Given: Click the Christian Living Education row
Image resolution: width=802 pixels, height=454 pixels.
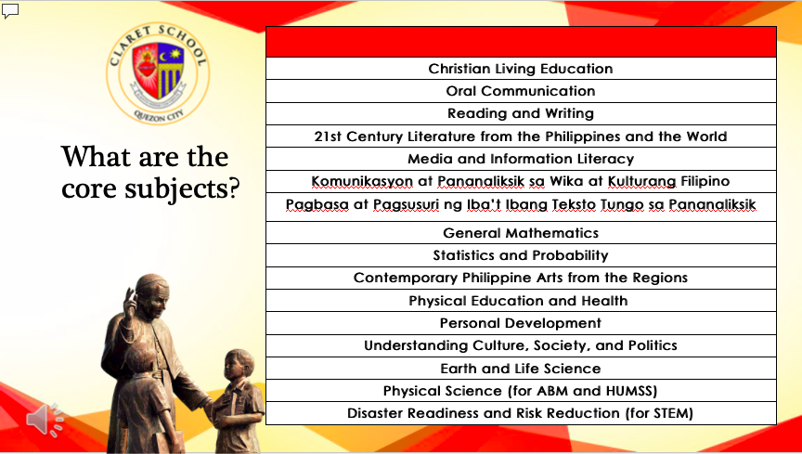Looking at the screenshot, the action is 521,69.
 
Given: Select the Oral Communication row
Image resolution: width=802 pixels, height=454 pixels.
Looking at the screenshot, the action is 521,91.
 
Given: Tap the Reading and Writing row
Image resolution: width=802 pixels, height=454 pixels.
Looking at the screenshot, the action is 521,113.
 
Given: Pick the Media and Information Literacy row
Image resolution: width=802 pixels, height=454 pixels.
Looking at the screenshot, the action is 521,159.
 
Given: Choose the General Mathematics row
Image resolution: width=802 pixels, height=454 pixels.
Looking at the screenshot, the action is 521,233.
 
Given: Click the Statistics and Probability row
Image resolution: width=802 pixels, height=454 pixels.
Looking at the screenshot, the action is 521,255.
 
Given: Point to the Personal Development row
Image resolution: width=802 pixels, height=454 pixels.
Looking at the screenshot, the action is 521,323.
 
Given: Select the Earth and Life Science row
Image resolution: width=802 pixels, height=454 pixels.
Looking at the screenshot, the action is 521,369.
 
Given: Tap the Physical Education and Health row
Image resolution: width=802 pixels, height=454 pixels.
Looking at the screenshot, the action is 521,301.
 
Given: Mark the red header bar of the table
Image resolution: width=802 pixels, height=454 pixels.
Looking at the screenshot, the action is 521,42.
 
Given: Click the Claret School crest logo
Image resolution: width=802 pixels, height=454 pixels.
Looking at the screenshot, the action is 158,73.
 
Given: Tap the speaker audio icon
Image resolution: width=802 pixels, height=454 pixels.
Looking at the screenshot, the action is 45,420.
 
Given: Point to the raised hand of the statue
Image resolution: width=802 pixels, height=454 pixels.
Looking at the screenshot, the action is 130,302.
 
